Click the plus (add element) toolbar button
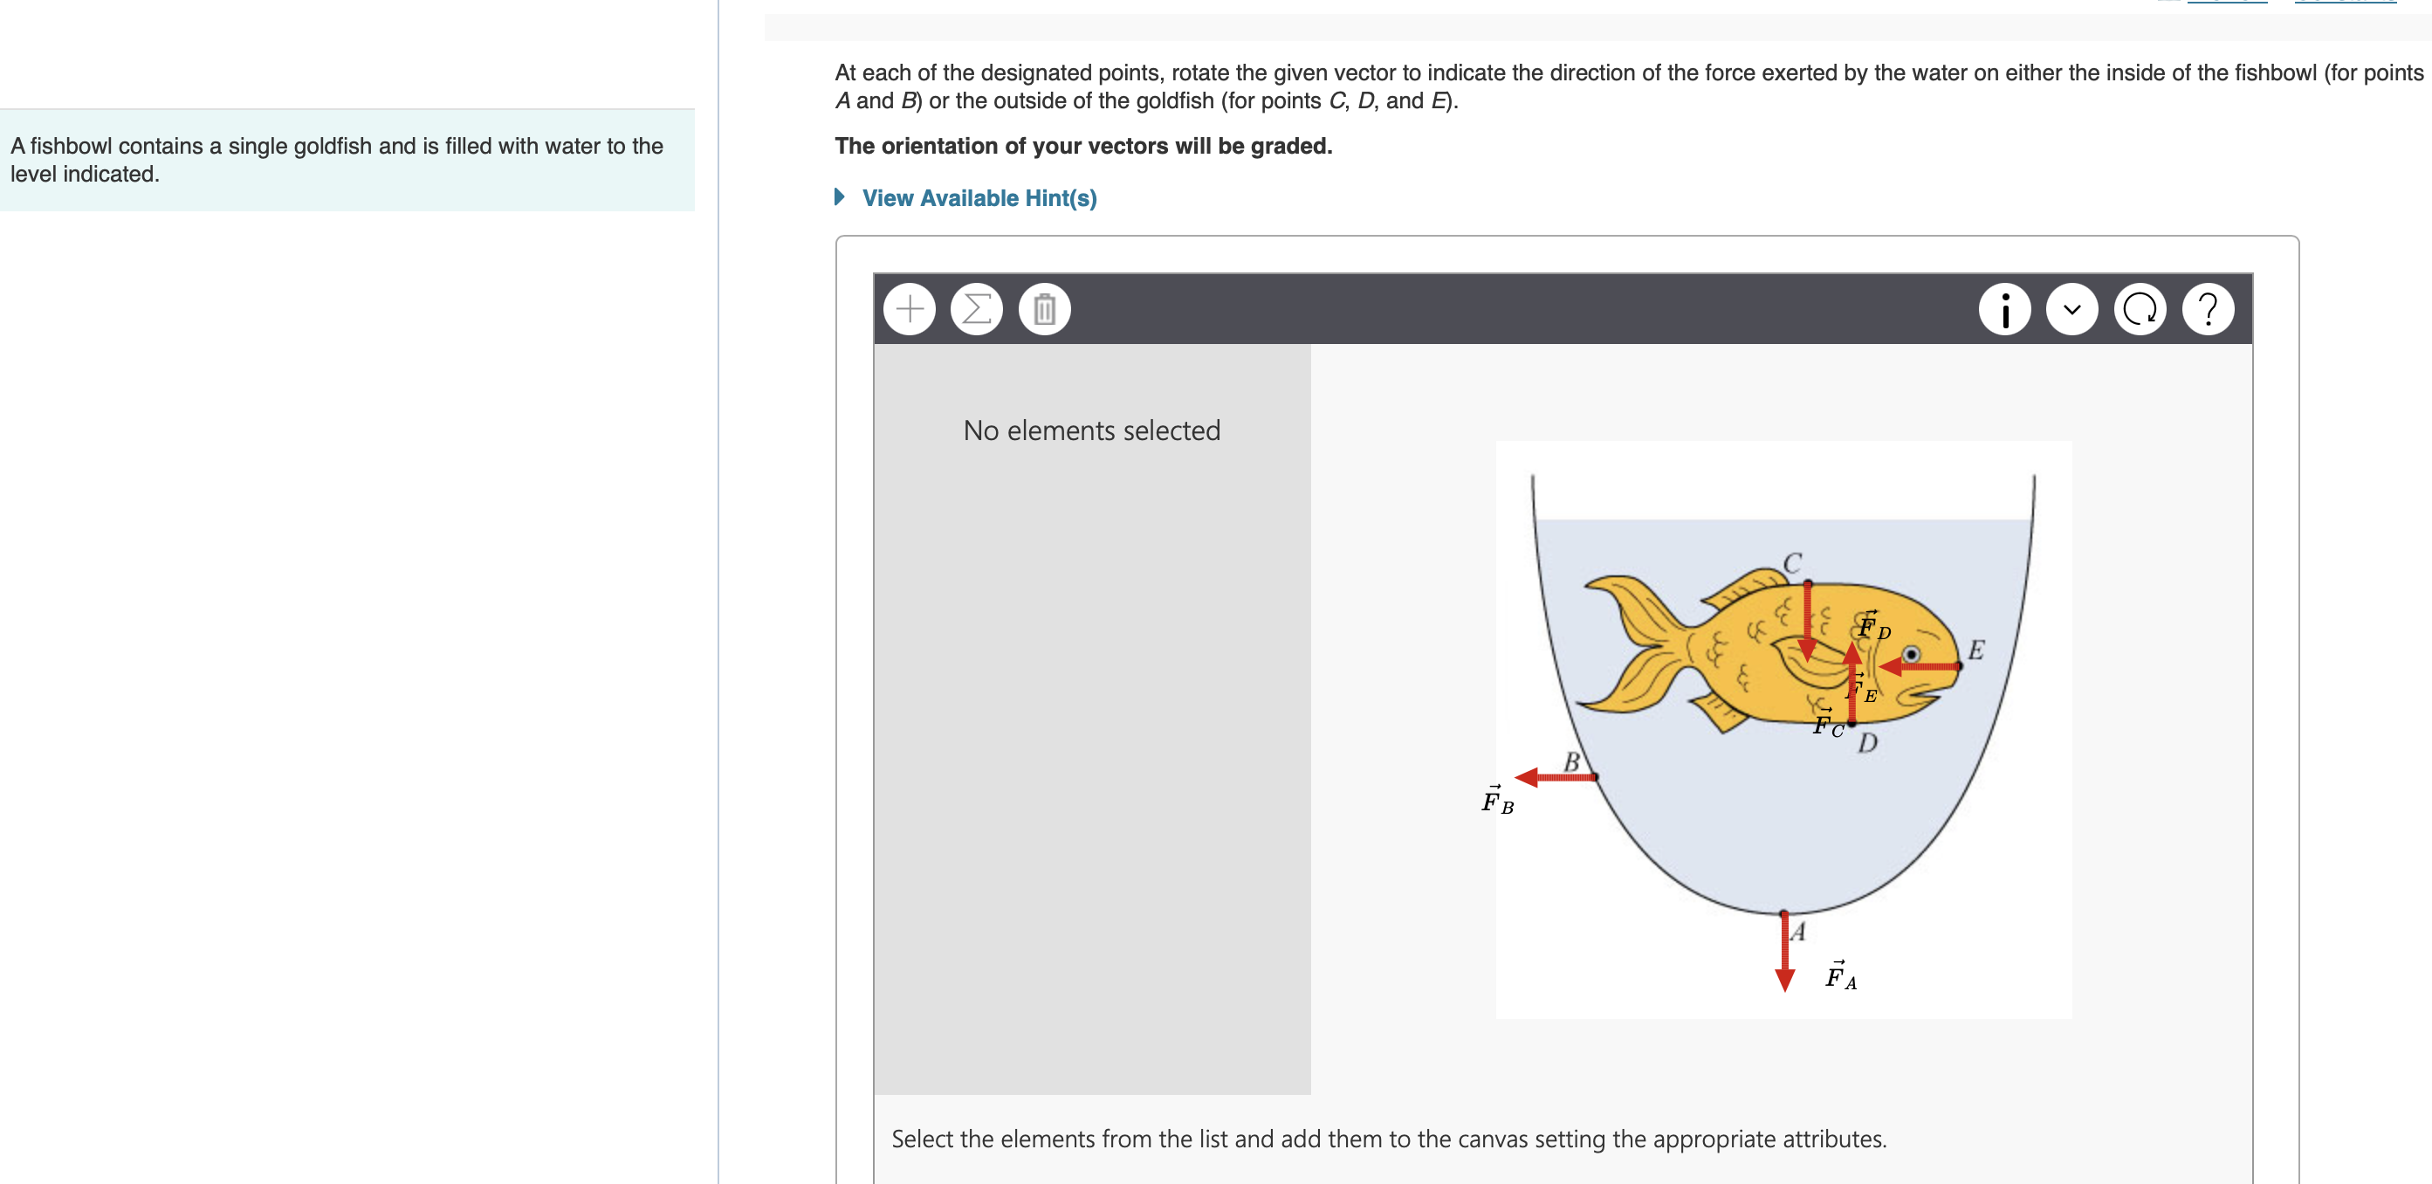(x=910, y=309)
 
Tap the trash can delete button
(x=1044, y=309)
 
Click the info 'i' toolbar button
(x=2004, y=309)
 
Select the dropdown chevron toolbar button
(x=2072, y=309)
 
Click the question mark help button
(x=2208, y=309)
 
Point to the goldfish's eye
(x=1911, y=654)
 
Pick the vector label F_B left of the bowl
(x=1496, y=801)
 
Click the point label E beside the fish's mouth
(x=1975, y=650)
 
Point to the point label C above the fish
(x=1792, y=562)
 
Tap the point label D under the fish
(x=1867, y=743)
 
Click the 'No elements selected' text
(x=1091, y=430)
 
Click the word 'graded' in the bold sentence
(x=1289, y=147)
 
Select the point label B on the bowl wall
(x=1572, y=761)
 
